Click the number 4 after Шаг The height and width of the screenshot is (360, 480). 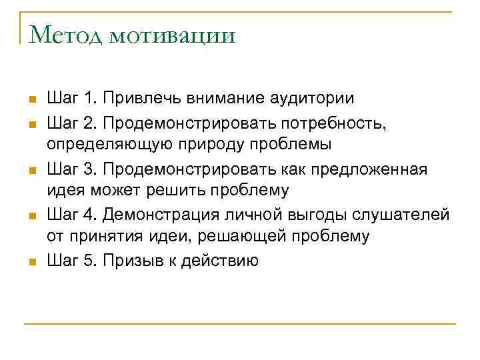pos(90,214)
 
